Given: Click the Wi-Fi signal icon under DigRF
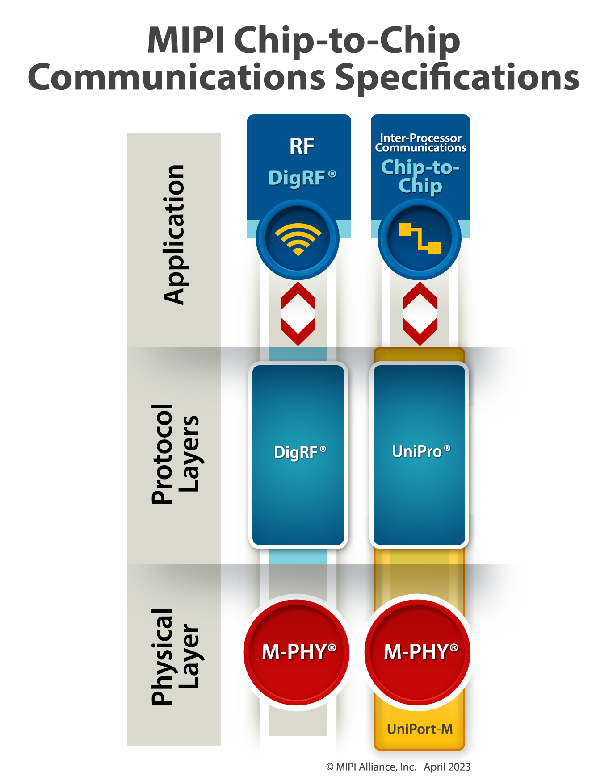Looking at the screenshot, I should tap(298, 240).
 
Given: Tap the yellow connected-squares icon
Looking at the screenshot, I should tap(420, 239).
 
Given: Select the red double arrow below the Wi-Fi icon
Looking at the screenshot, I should tap(298, 313).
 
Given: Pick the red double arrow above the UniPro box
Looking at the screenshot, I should tap(420, 313).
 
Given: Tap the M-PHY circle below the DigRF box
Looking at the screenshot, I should tap(297, 652).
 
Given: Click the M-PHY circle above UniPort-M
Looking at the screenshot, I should tap(418, 652).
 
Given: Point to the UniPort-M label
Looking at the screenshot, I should tap(420, 729).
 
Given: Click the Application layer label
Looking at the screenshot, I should tap(174, 235).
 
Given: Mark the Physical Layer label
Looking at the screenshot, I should tap(175, 656).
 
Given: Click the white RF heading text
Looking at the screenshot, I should tap(302, 146).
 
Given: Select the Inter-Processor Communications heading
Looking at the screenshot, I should tap(420, 143).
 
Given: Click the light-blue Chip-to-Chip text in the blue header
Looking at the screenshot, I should tap(420, 176).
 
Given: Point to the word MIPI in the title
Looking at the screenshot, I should tap(186, 40).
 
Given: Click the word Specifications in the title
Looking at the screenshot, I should tap(457, 77).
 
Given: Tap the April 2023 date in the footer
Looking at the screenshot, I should tap(447, 767).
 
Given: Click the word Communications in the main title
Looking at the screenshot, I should tap(177, 77).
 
